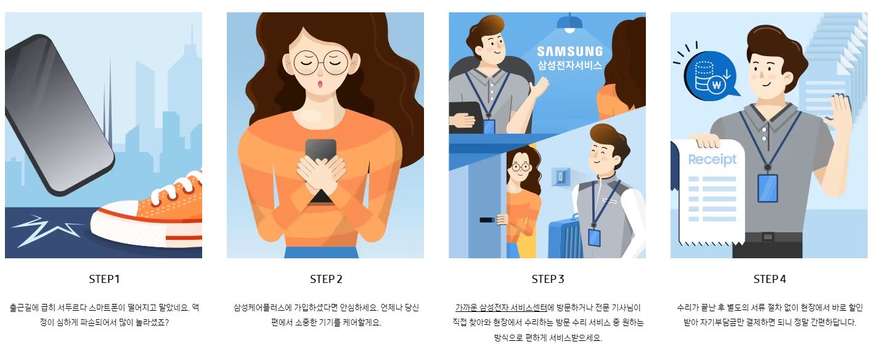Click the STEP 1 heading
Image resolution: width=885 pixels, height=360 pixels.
coord(104,279)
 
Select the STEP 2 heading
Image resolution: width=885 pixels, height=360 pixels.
coord(326,279)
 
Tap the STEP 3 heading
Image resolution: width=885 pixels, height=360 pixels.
coord(548,279)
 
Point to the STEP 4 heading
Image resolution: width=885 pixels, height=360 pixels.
coord(770,279)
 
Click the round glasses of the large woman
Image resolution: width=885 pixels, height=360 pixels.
coord(321,63)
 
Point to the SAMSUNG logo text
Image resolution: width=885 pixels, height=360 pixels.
coord(569,51)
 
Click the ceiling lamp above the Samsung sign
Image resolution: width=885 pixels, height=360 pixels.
coord(569,23)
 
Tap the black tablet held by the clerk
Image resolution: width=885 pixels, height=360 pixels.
coord(466,117)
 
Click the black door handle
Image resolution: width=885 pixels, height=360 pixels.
coord(487,219)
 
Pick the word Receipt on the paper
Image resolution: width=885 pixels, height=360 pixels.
coord(712,160)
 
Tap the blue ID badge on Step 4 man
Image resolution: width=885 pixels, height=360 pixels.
coord(767,188)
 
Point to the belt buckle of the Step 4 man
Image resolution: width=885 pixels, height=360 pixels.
coord(768,237)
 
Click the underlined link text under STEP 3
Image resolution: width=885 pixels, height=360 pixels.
coord(501,308)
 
